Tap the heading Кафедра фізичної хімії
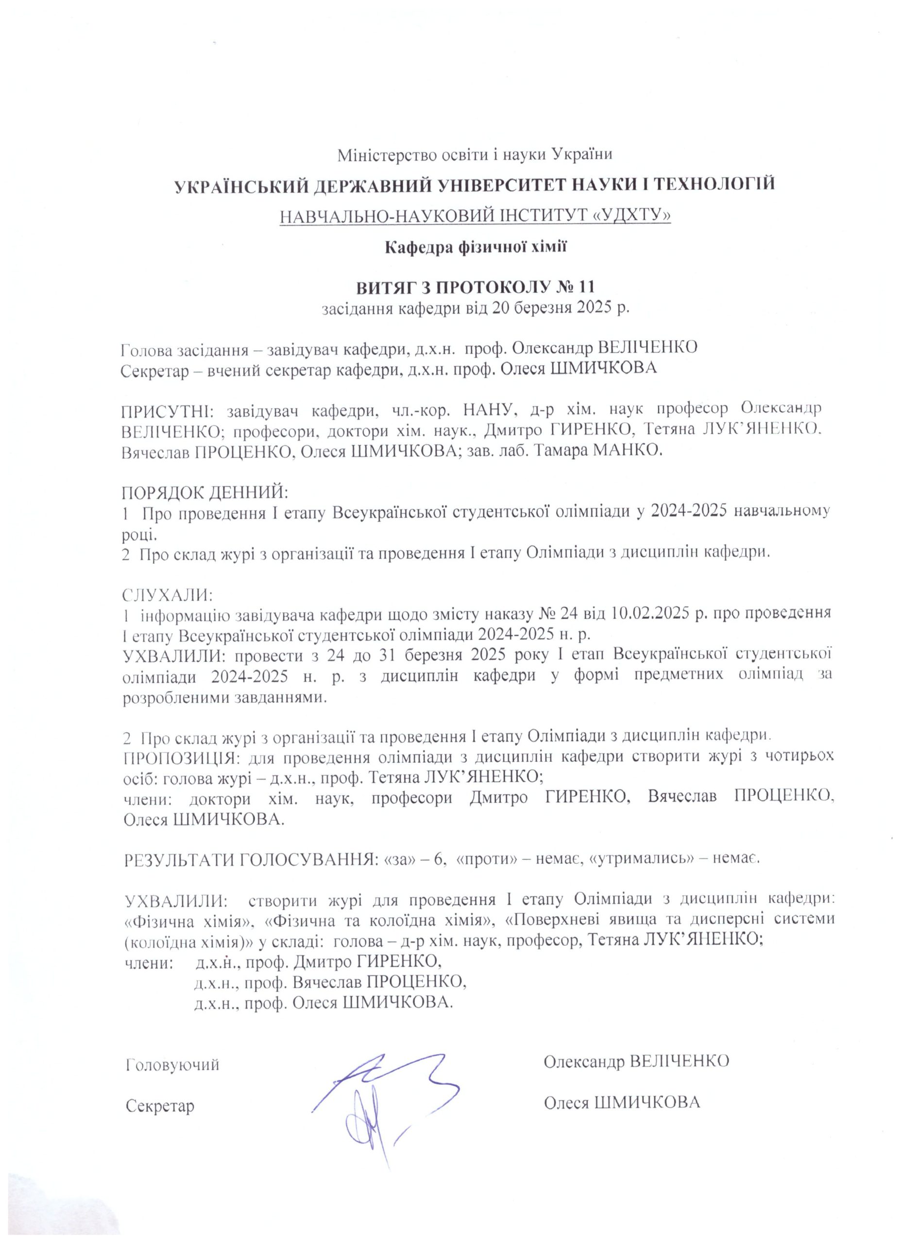tap(475, 247)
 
